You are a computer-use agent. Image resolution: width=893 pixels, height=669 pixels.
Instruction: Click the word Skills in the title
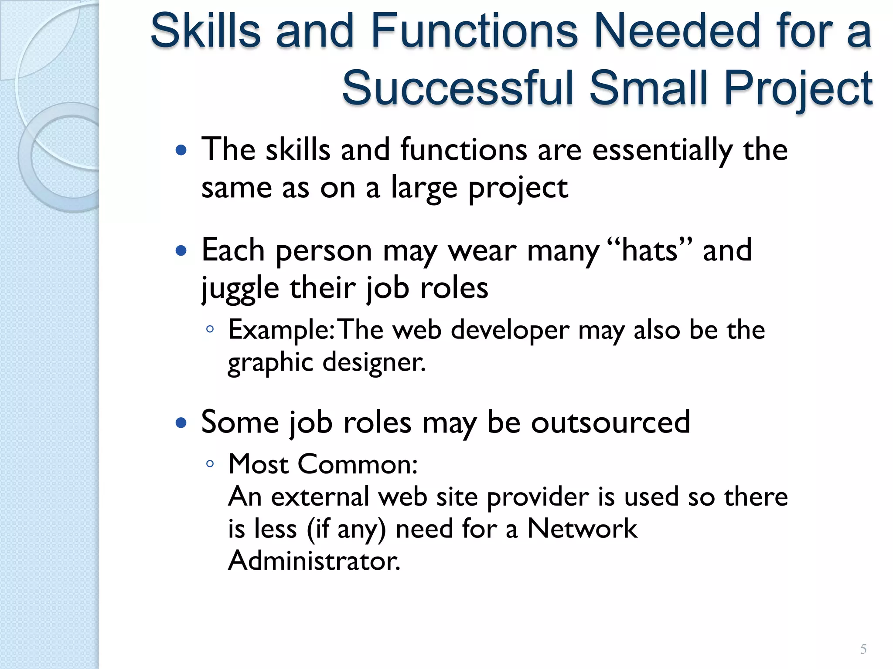click(205, 31)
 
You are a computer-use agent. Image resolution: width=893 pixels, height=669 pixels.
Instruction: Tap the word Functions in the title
click(474, 31)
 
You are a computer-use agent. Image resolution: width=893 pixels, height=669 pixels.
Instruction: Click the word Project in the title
click(798, 89)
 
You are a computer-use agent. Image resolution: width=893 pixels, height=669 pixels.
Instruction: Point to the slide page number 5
click(863, 649)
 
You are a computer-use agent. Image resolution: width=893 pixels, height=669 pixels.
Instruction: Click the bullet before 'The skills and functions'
click(181, 151)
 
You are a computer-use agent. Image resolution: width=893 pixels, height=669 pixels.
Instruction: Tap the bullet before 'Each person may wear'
click(181, 251)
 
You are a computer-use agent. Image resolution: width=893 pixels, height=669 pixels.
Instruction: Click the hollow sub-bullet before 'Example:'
click(210, 329)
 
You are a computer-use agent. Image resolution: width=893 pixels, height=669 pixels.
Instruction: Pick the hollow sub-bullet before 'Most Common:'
click(210, 464)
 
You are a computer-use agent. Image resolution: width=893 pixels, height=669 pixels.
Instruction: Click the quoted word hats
click(650, 251)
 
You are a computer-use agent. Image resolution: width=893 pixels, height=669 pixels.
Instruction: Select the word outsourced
click(610, 422)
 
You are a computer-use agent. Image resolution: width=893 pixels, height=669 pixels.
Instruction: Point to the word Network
click(582, 529)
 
